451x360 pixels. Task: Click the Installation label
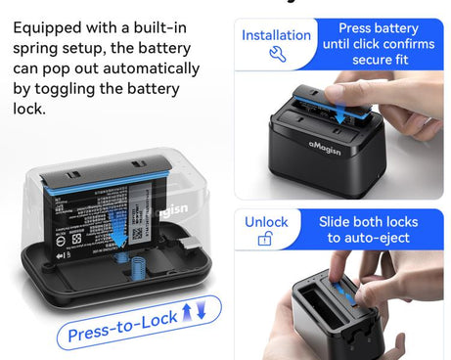pyautogui.click(x=276, y=35)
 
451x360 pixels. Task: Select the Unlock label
pyautogui.click(x=266, y=221)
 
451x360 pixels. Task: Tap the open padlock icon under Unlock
pyautogui.click(x=265, y=240)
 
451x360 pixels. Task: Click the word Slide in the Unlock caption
pyautogui.click(x=338, y=222)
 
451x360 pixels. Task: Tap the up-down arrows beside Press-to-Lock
pyautogui.click(x=195, y=312)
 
